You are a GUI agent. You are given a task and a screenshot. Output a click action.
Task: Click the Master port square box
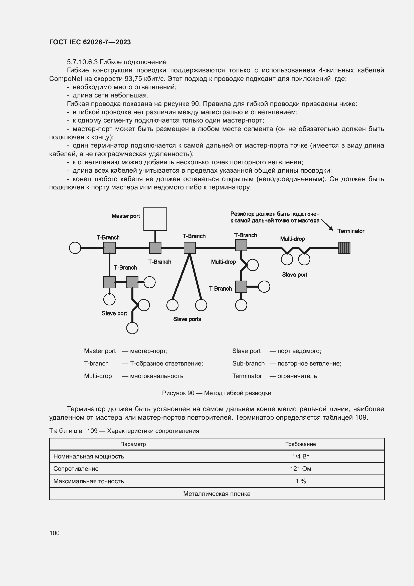tap(155, 219)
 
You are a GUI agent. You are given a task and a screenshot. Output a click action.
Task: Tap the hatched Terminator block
tap(344, 248)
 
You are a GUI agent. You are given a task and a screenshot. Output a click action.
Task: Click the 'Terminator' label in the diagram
tap(350, 231)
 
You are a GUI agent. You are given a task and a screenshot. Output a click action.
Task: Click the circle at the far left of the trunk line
tap(75, 248)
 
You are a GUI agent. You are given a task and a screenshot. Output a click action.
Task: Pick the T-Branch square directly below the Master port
tap(155, 248)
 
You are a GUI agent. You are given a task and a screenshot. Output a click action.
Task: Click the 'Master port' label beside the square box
tap(125, 216)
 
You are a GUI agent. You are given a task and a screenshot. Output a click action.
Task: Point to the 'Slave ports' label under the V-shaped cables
tap(187, 319)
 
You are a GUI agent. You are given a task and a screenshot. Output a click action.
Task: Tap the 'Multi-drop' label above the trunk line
tap(292, 239)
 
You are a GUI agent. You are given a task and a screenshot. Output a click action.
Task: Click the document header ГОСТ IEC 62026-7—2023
tap(90, 42)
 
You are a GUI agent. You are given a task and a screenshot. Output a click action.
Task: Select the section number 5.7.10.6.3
tap(82, 62)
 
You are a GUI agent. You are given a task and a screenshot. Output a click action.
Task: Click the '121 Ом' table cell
tap(300, 468)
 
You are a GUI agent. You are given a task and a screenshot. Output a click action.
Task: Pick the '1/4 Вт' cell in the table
tap(300, 456)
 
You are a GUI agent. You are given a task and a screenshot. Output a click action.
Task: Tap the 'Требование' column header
tap(300, 444)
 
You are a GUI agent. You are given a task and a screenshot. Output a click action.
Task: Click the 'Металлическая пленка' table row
tap(217, 494)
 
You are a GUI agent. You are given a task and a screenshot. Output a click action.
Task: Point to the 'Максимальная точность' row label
tap(88, 481)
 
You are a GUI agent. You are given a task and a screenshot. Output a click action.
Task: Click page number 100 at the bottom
tap(54, 533)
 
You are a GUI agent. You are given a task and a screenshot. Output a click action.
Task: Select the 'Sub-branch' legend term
tap(248, 364)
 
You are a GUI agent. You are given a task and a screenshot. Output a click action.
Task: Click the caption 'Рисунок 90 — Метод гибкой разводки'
tap(217, 393)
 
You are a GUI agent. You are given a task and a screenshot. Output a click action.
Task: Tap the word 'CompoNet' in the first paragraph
tap(66, 79)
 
